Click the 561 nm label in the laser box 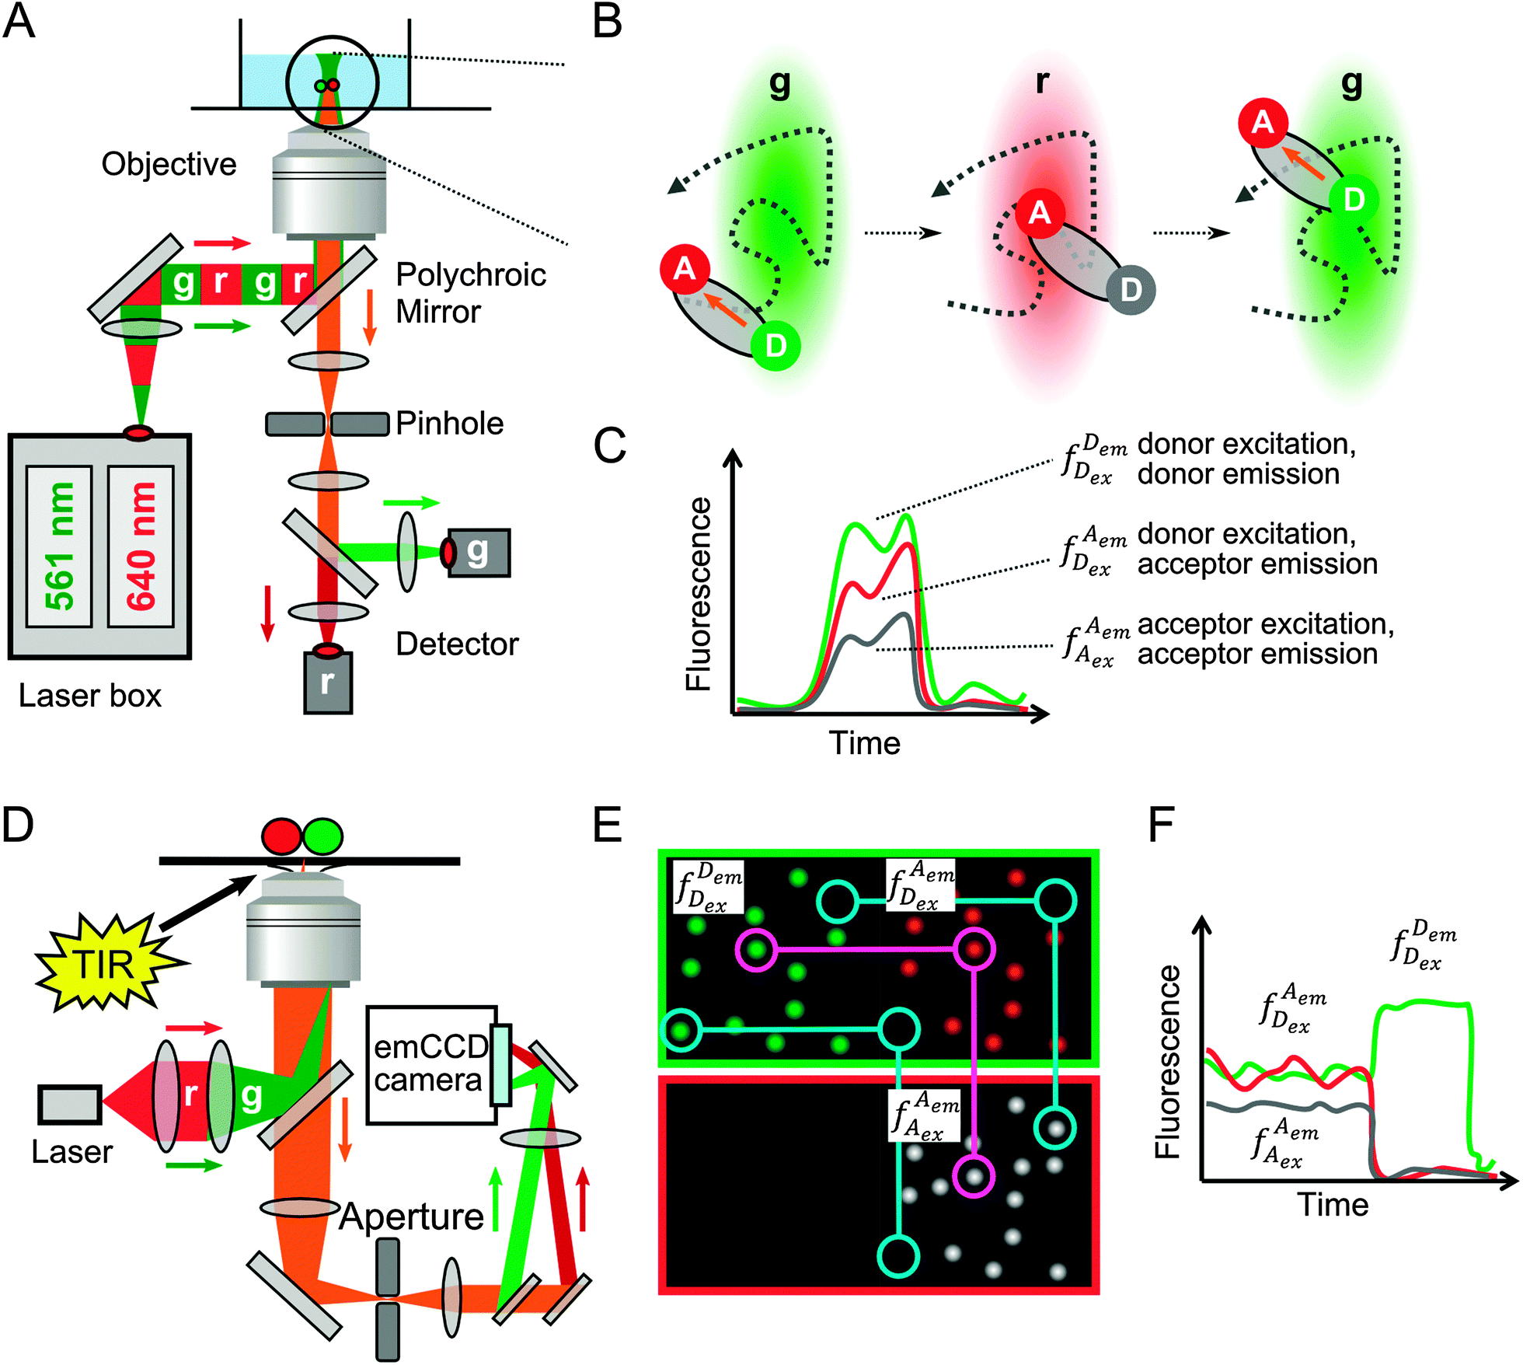point(59,546)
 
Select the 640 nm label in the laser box point(141,546)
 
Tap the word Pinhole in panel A point(449,424)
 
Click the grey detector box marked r point(327,683)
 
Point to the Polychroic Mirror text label point(469,293)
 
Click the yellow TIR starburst point(105,965)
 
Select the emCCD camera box point(430,1064)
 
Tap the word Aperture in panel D point(411,1217)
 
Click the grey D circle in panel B point(1131,290)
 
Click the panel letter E point(608,825)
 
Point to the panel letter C point(609,446)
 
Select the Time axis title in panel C point(864,743)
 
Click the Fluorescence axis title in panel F point(1167,1061)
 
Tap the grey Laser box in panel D point(70,1105)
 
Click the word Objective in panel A point(169,164)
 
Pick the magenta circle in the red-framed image point(974,1176)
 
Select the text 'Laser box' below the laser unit point(89,696)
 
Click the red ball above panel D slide point(281,837)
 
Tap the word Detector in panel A point(457,644)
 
